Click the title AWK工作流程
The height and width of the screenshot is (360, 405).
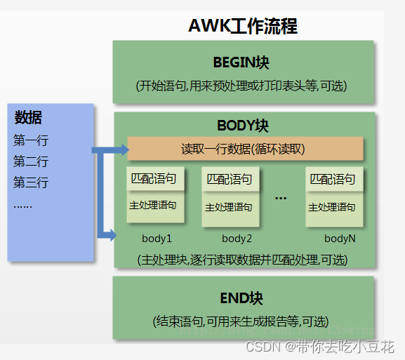[242, 26]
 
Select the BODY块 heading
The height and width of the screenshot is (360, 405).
[243, 126]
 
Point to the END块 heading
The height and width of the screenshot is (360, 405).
[241, 298]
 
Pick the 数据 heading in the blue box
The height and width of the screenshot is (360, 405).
[28, 117]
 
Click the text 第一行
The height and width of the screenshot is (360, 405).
[31, 140]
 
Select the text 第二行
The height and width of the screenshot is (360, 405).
[31, 161]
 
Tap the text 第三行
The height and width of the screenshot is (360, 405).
[31, 183]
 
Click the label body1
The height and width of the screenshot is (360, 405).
[157, 239]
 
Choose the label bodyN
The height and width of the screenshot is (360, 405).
[340, 239]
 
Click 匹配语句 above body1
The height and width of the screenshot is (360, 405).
[157, 178]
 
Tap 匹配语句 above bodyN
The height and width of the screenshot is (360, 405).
[333, 179]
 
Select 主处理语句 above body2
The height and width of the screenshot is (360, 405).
[229, 207]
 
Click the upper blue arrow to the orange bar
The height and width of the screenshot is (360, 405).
[109, 149]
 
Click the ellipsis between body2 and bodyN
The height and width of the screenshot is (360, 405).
[281, 199]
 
